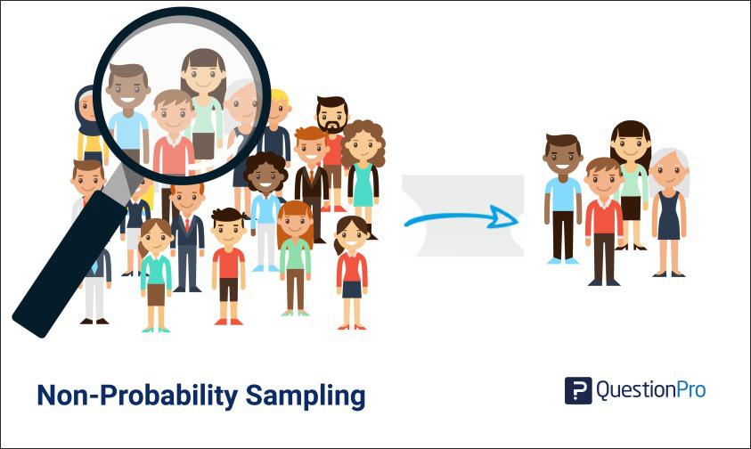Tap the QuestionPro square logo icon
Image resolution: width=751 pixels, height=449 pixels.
(x=578, y=391)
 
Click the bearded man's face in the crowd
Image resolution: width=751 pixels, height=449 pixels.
(x=331, y=118)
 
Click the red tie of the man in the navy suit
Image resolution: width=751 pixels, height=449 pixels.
(x=187, y=223)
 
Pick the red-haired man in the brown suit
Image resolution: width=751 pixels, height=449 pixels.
(x=312, y=178)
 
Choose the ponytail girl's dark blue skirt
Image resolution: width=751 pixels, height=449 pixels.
(x=352, y=290)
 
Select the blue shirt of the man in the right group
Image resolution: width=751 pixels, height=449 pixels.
(x=562, y=193)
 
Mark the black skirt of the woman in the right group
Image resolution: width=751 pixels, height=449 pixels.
(x=632, y=208)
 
